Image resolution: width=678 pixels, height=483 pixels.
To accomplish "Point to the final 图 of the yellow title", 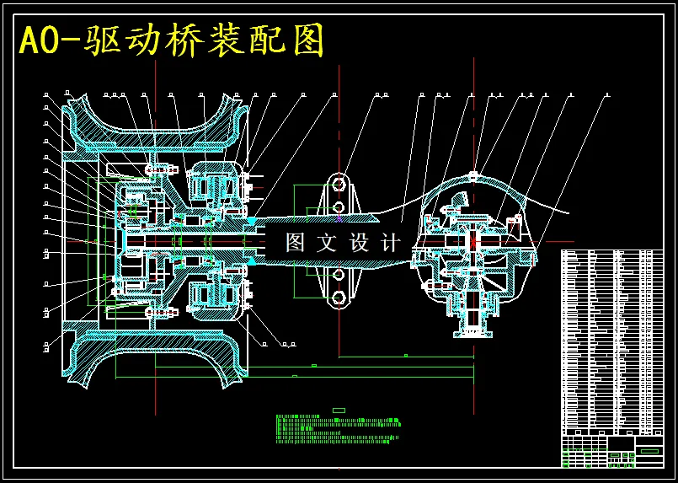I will tap(307, 40).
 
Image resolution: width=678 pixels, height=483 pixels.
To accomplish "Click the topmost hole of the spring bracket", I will tap(339, 185).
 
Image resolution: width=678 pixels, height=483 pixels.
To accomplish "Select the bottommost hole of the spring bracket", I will tap(339, 298).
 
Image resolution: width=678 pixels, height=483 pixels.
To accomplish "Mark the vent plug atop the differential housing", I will tap(473, 175).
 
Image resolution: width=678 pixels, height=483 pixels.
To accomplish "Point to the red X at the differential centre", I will tap(472, 241).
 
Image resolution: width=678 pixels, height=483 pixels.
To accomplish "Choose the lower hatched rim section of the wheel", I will tap(156, 358).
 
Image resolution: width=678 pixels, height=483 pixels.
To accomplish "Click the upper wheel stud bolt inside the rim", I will tap(160, 169).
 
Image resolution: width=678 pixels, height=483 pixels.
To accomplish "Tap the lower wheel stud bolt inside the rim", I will tap(160, 313).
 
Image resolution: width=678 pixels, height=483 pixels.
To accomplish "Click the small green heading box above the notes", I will tap(339, 411).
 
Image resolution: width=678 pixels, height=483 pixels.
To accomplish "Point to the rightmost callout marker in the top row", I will tap(608, 94).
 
